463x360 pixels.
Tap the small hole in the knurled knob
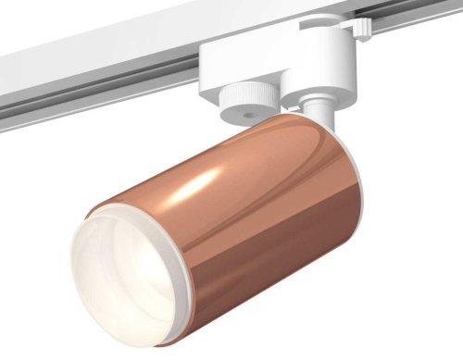click(249, 108)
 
